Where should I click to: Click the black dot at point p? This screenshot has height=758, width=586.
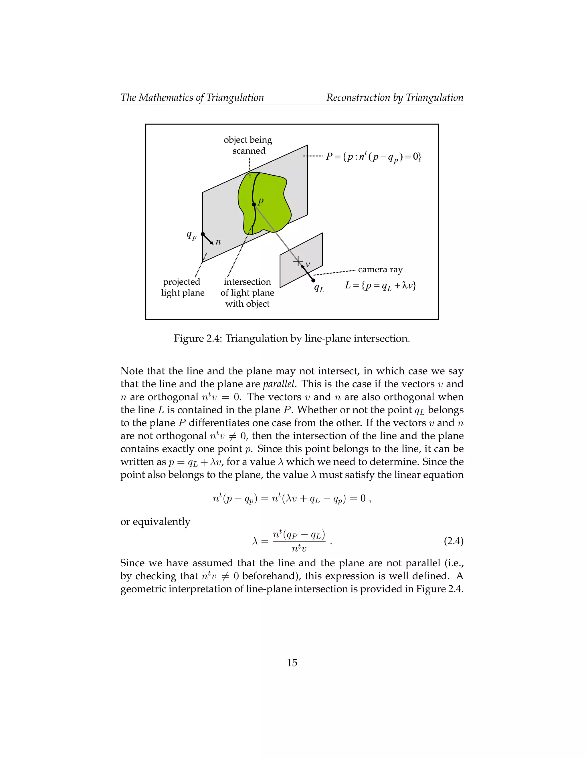click(x=254, y=205)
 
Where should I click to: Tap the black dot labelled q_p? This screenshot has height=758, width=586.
click(x=203, y=234)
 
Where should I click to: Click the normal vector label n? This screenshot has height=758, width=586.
click(x=218, y=242)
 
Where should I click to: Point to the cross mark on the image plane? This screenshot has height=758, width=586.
click(x=298, y=261)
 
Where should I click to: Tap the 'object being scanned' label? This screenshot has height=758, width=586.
click(x=248, y=145)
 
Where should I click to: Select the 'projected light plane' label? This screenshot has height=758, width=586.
click(x=183, y=287)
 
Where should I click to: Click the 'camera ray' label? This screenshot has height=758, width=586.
click(x=380, y=269)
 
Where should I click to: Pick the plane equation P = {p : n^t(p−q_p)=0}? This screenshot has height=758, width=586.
click(x=373, y=156)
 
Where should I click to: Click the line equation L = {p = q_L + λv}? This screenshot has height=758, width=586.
click(x=380, y=286)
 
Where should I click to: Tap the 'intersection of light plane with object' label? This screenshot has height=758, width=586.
click(x=247, y=293)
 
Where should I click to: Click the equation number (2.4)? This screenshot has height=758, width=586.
click(x=454, y=541)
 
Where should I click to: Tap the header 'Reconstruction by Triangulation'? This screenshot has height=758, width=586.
click(x=395, y=98)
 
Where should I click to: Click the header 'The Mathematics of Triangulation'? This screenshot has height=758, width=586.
click(x=192, y=98)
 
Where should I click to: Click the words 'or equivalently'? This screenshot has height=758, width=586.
click(x=155, y=522)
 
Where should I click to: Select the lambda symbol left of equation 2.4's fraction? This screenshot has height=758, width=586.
click(x=255, y=541)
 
